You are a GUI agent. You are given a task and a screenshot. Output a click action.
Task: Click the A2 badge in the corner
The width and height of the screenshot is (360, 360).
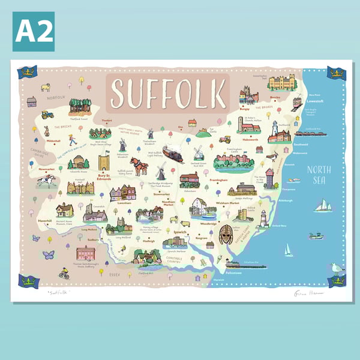pyautogui.click(x=34, y=31)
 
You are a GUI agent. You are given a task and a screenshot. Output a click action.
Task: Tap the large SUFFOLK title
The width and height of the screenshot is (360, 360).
pyautogui.click(x=168, y=93)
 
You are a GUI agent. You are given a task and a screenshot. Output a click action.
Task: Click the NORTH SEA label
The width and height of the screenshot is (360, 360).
pyautogui.click(x=319, y=174)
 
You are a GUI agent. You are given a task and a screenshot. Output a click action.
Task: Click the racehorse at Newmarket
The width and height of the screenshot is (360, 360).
pyautogui.click(x=46, y=181)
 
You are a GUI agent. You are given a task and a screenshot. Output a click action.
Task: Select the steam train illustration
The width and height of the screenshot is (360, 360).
pyautogui.click(x=173, y=154)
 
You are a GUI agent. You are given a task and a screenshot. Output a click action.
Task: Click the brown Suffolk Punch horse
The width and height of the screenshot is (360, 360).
pyautogui.click(x=139, y=166)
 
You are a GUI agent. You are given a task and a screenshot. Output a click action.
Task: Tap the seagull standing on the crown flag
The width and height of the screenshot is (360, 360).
pyautogui.click(x=337, y=269)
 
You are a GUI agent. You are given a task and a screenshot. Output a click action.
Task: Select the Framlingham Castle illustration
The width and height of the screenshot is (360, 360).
pyautogui.click(x=231, y=161)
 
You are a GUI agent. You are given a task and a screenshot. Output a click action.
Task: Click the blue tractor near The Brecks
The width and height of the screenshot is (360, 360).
pyautogui.click(x=47, y=114)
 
